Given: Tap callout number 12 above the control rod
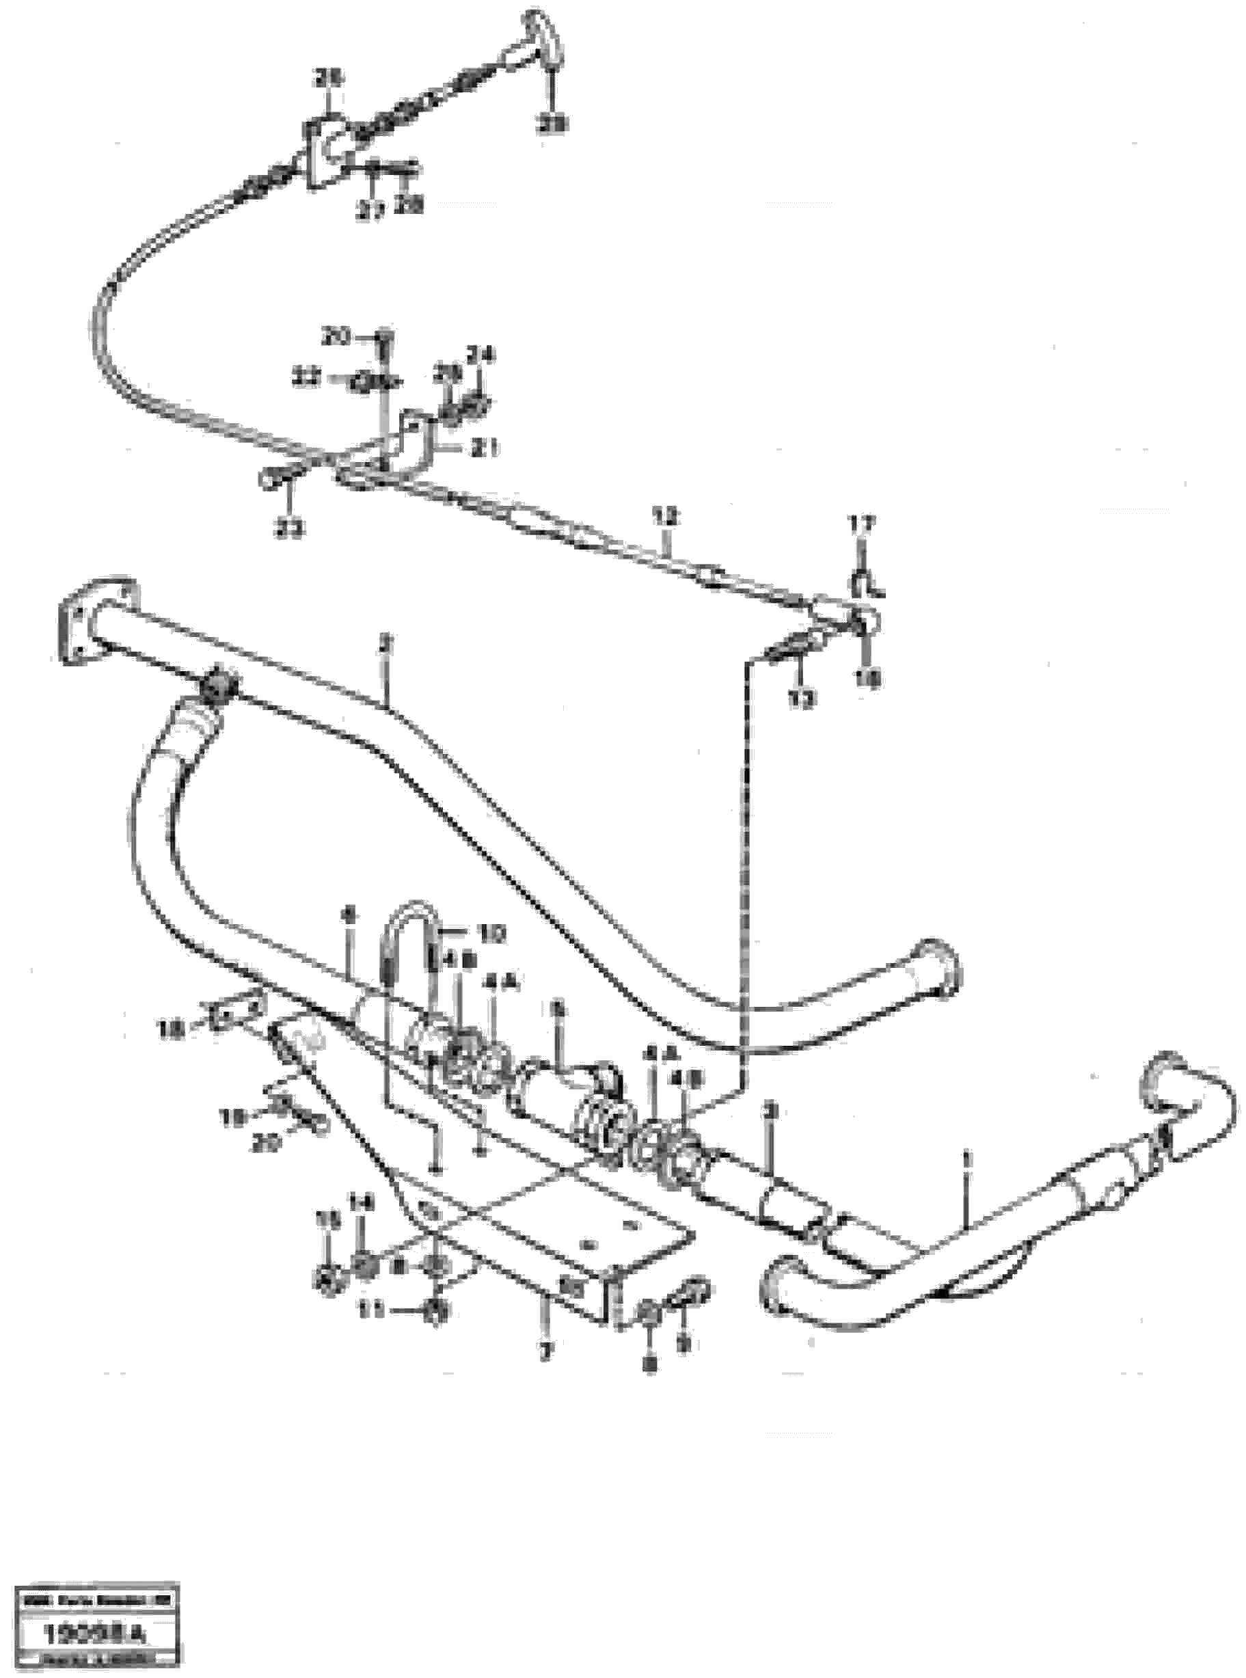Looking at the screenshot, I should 666,518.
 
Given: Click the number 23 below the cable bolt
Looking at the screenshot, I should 290,530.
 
